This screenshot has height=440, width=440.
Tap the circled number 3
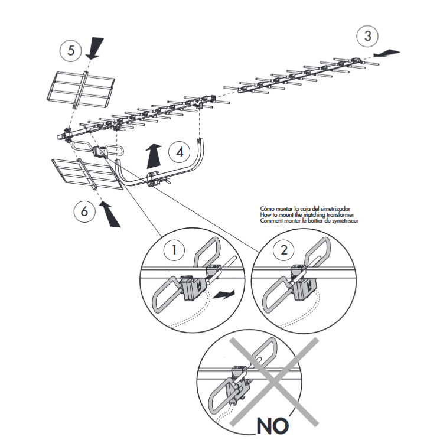(368, 35)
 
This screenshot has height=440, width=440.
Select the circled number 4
(180, 152)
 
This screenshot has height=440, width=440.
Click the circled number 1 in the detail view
(174, 250)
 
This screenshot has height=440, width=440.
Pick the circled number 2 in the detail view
(285, 250)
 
